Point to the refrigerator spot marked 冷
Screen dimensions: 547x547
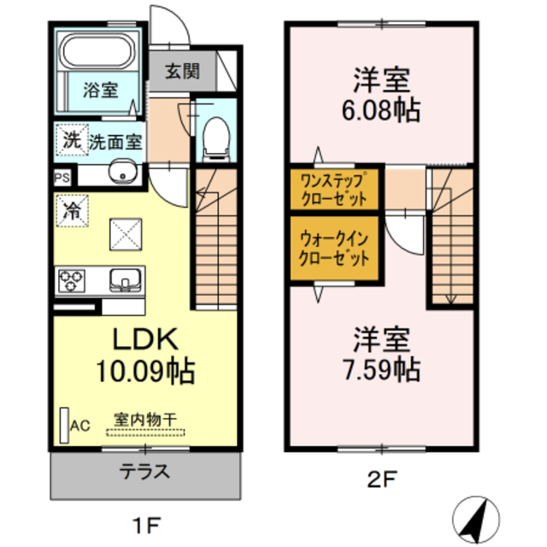point(72,209)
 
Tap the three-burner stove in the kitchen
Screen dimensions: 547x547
point(73,279)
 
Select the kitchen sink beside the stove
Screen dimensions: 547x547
point(125,279)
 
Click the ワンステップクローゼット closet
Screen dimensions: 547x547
point(334,189)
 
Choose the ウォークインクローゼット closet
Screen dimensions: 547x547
point(334,249)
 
